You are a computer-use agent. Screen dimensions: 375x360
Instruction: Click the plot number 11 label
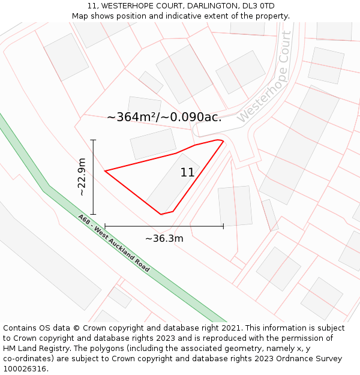point(187,173)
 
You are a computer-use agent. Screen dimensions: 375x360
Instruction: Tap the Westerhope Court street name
point(268,77)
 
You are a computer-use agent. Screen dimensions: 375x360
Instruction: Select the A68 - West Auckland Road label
point(113,243)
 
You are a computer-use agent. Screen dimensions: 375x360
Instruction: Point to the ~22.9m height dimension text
point(82,177)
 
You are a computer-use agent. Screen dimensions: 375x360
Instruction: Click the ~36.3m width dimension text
point(164,239)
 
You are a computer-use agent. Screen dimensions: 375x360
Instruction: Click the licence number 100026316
point(26,369)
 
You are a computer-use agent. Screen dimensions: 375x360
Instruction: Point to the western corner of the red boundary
point(106,172)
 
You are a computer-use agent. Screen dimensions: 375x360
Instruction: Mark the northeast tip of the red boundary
point(223,141)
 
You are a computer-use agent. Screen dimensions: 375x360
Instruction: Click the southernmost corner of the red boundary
point(161,214)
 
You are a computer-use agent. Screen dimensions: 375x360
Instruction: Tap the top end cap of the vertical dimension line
point(93,140)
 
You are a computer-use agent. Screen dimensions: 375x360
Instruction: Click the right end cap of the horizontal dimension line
point(223,226)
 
